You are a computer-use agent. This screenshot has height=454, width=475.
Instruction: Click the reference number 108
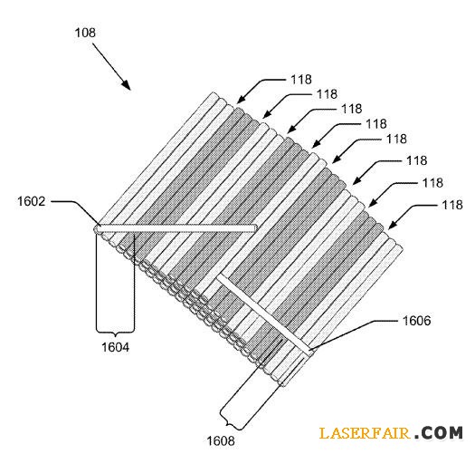tap(85, 33)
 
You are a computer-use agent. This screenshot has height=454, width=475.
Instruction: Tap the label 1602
tap(32, 201)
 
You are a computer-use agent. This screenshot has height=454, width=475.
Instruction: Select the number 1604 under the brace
tap(115, 347)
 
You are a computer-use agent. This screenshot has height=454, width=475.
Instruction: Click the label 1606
tap(416, 321)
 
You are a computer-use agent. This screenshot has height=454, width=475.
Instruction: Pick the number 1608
tap(221, 441)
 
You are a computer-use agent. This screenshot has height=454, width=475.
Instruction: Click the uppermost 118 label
tap(301, 80)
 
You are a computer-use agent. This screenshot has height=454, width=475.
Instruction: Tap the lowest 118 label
tap(452, 205)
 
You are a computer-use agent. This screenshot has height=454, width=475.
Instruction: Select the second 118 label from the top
tap(327, 94)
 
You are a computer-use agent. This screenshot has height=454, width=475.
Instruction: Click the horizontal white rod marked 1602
tap(176, 228)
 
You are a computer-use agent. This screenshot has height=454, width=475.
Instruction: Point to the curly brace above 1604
tap(115, 332)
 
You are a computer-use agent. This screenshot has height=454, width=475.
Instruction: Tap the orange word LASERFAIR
tap(365, 433)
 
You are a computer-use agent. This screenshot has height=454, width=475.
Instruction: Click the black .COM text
tap(439, 433)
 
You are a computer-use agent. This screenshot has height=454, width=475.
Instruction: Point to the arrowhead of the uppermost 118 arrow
tap(240, 101)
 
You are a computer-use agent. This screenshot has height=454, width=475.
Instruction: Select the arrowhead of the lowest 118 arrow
tap(392, 226)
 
